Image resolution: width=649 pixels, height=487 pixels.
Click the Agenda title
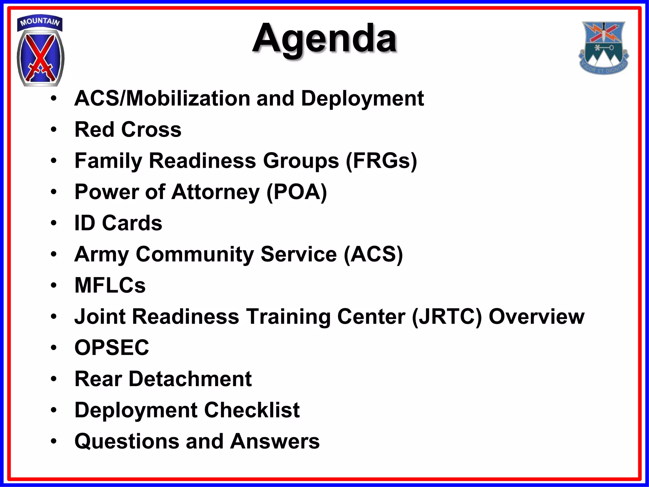pyautogui.click(x=324, y=39)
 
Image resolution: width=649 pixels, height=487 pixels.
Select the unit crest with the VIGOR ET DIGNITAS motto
pyautogui.click(x=603, y=48)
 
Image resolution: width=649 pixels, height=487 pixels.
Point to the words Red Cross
pyautogui.click(x=128, y=129)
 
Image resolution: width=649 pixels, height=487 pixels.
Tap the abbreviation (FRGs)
pyautogui.click(x=381, y=161)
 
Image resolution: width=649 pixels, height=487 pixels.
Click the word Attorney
pyautogui.click(x=215, y=192)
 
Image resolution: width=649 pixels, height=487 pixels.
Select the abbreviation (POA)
pyautogui.click(x=297, y=192)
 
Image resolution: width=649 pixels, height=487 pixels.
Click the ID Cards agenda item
pyautogui.click(x=118, y=223)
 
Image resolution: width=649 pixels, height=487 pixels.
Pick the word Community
pyautogui.click(x=195, y=254)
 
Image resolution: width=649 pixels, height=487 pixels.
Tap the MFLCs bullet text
pyautogui.click(x=110, y=285)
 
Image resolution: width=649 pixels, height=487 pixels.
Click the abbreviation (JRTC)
pyautogui.click(x=447, y=316)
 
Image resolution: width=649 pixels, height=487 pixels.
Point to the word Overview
pyautogui.click(x=536, y=316)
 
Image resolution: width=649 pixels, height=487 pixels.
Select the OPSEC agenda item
pyautogui.click(x=112, y=347)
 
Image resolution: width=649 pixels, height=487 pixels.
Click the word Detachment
pyautogui.click(x=190, y=379)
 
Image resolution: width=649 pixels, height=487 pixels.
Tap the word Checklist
pyautogui.click(x=252, y=410)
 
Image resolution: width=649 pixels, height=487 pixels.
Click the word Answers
pyautogui.click(x=275, y=441)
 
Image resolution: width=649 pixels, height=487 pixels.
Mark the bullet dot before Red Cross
pyautogui.click(x=54, y=129)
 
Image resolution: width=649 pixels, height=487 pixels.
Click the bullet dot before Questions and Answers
pyautogui.click(x=54, y=441)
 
